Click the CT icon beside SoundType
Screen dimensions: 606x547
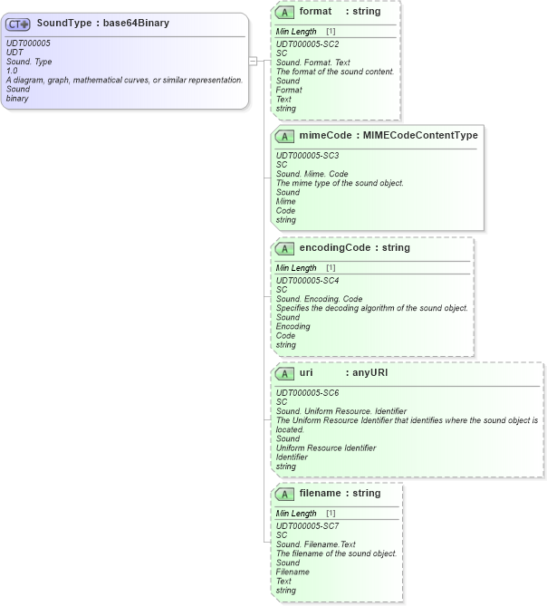(18, 24)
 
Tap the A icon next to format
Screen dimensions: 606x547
(284, 13)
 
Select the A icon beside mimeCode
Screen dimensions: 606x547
(284, 136)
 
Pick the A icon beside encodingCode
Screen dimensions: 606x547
(284, 248)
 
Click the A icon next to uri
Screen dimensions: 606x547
(284, 372)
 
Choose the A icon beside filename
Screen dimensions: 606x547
(284, 494)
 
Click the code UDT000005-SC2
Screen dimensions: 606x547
(307, 43)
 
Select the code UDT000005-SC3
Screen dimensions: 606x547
(307, 156)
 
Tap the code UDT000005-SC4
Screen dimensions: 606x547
(307, 281)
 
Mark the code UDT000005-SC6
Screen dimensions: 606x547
(307, 392)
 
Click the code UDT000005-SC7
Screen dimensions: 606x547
(307, 526)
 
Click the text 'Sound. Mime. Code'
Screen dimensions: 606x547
(312, 174)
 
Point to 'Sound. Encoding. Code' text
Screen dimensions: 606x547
(319, 299)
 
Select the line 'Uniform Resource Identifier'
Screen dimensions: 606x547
(326, 448)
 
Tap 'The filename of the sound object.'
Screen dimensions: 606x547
(336, 553)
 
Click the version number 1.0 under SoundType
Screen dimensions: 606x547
(12, 71)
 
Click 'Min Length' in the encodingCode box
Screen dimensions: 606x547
(296, 268)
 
